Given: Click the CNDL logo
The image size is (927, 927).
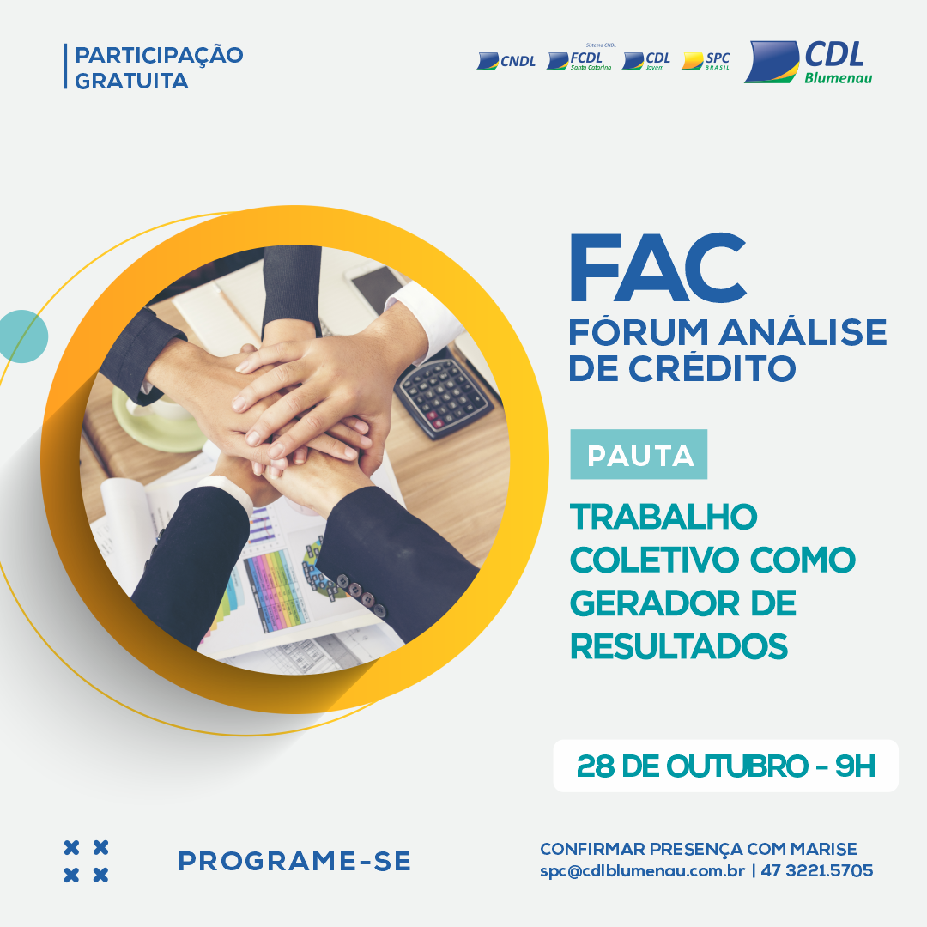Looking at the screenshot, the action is (x=506, y=61).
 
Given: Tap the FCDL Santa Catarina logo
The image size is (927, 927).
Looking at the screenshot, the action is (x=580, y=58).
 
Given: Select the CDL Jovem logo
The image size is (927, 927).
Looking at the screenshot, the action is (x=646, y=60).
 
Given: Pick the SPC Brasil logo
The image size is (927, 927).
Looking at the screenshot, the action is (x=706, y=60).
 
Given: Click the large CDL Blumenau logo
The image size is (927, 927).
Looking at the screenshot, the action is (x=809, y=62).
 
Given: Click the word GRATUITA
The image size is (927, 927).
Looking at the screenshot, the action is (x=131, y=81).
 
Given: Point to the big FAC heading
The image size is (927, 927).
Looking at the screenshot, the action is (x=657, y=268).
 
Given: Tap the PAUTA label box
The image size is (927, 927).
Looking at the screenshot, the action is (x=639, y=454).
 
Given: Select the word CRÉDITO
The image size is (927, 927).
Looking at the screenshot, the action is (x=712, y=368).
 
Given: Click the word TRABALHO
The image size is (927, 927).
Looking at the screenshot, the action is (x=663, y=518).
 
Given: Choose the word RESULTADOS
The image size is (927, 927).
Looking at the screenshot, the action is (x=679, y=646).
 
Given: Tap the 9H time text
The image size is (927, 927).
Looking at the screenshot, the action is (x=855, y=766).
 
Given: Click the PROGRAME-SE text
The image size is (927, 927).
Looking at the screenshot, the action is (x=294, y=862).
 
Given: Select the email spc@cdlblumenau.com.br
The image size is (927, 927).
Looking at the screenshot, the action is (x=642, y=871).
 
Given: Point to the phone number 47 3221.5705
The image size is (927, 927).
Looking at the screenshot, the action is (x=817, y=870).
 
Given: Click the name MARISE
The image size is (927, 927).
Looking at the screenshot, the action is (x=823, y=849).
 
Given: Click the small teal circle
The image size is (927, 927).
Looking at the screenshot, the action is (x=23, y=336).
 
